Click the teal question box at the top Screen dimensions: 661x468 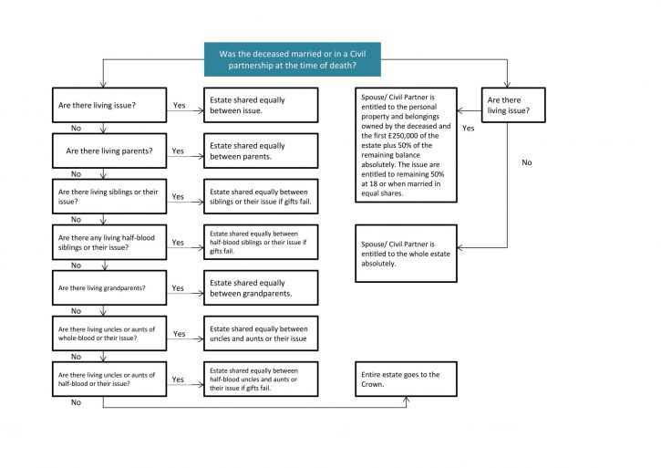tap(293, 59)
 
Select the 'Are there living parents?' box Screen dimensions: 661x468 tap(109, 151)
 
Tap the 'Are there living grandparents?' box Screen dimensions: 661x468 tap(109, 287)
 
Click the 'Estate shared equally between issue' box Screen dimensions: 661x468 tap(261, 105)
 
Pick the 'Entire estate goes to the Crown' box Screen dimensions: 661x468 tap(406, 379)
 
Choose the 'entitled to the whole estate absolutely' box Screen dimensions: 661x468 tap(406, 254)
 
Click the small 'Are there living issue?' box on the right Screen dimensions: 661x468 tap(513, 105)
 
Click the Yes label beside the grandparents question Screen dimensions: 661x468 tap(178, 287)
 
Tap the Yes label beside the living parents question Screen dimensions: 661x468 tap(178, 151)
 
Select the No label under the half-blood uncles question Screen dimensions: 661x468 tap(76, 402)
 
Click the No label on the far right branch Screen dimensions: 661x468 tap(527, 162)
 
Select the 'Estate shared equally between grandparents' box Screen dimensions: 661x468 tap(261, 287)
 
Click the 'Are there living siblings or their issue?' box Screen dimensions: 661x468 tap(109, 196)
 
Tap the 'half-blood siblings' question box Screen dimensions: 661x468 tap(109, 242)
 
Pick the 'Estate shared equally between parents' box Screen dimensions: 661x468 tap(261, 151)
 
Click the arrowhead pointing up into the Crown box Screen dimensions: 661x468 tap(406, 400)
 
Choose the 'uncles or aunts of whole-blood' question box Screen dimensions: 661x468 tap(109, 333)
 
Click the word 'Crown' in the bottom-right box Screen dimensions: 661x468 tap(372, 384)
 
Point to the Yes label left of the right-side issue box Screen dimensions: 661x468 tap(469, 128)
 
